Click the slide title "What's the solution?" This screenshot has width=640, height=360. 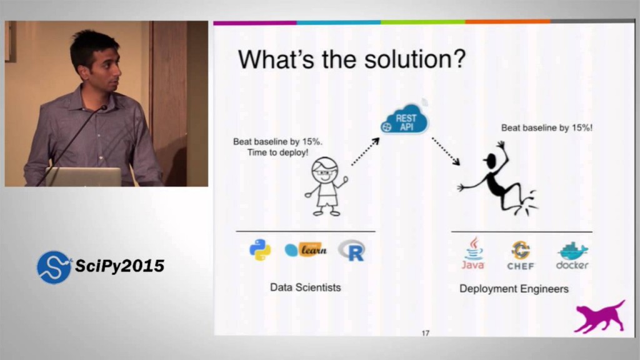tap(351, 60)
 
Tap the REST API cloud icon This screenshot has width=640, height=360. tap(405, 119)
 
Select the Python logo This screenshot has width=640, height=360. tap(260, 250)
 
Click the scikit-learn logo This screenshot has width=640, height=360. tap(306, 250)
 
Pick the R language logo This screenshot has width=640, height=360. tap(352, 251)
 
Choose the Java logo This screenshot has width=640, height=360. tap(473, 253)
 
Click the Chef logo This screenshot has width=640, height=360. tap(521, 254)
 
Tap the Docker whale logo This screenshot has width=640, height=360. tap(572, 255)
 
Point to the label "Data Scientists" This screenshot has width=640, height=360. tap(305, 287)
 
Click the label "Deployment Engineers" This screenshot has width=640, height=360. tap(514, 289)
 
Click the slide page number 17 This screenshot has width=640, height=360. tap(425, 333)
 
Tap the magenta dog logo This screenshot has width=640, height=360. tap(599, 316)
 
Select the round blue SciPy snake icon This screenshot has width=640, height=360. tap(54, 267)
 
